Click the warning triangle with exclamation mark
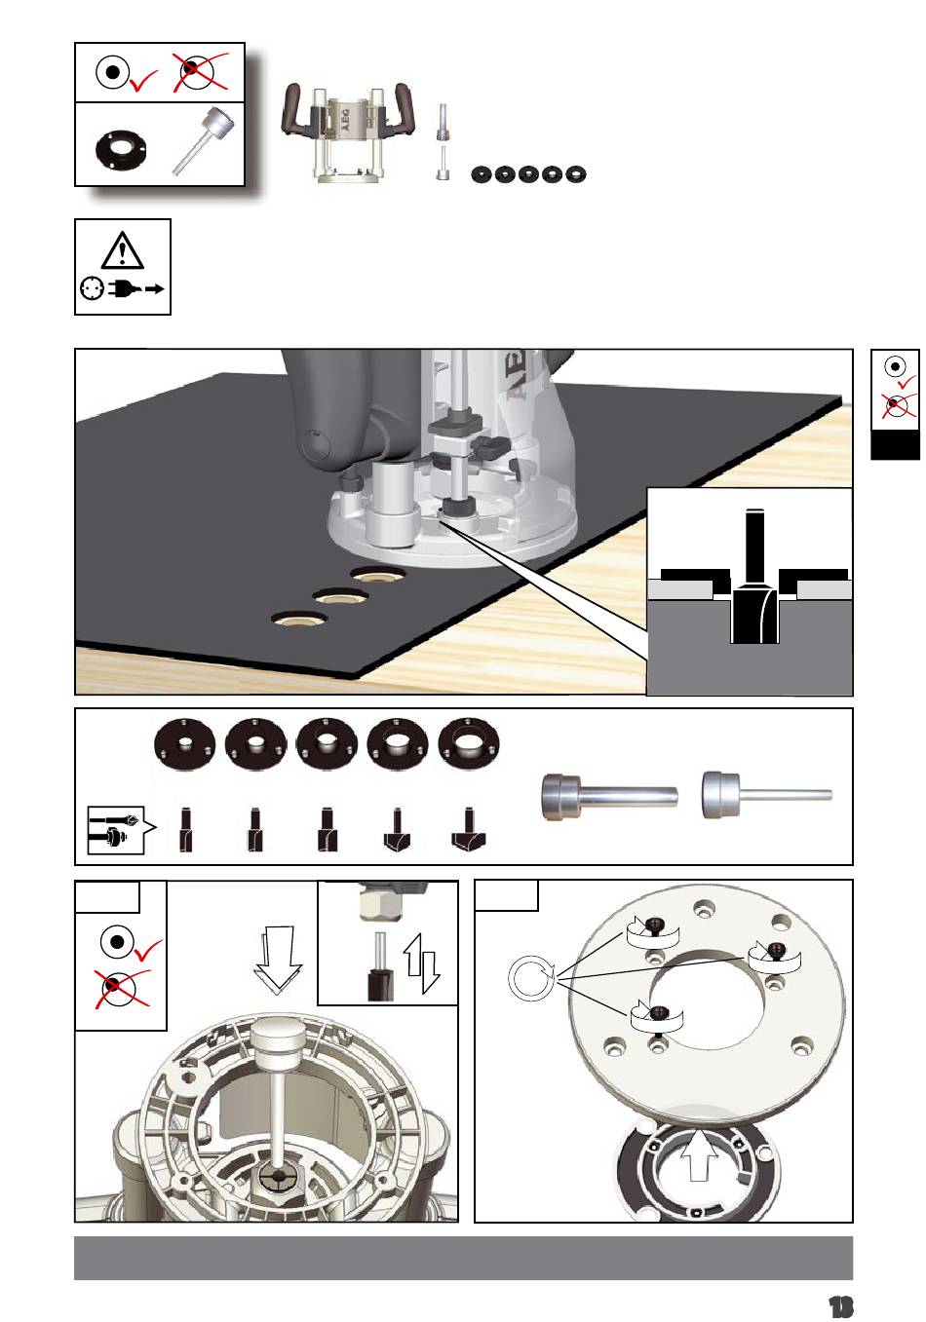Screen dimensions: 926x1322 coord(122,250)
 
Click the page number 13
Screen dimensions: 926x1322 coord(839,1306)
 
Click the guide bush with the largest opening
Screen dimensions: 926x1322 coord(469,744)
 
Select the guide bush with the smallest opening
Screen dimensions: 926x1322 coord(185,744)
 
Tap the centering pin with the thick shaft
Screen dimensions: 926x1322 coord(609,797)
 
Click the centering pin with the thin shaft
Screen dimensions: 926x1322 coord(767,795)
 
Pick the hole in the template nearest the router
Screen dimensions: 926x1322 coord(375,573)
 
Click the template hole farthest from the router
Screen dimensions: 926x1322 coord(299,619)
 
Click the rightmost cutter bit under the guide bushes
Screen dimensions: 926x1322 coord(469,829)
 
